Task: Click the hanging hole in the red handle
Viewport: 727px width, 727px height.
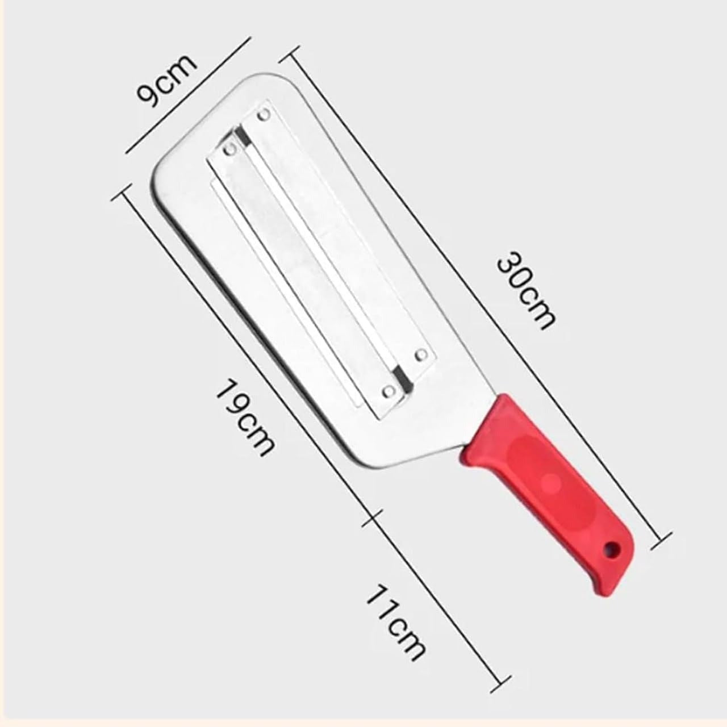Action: (x=611, y=549)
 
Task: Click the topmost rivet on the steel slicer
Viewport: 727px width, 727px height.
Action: (x=263, y=115)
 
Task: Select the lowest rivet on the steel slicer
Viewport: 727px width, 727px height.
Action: (x=389, y=391)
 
